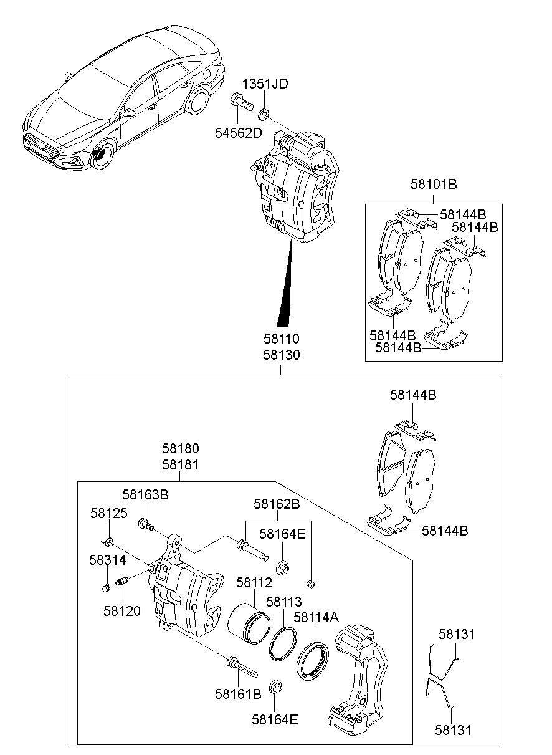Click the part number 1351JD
tap(265, 84)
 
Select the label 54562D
tap(239, 133)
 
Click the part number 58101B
tap(434, 184)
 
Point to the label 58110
tap(281, 339)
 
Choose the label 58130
tap(281, 355)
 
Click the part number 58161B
tap(238, 693)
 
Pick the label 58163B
tap(145, 495)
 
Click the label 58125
tap(108, 513)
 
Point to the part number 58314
tap(107, 560)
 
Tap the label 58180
tap(181, 448)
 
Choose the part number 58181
tap(181, 464)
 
